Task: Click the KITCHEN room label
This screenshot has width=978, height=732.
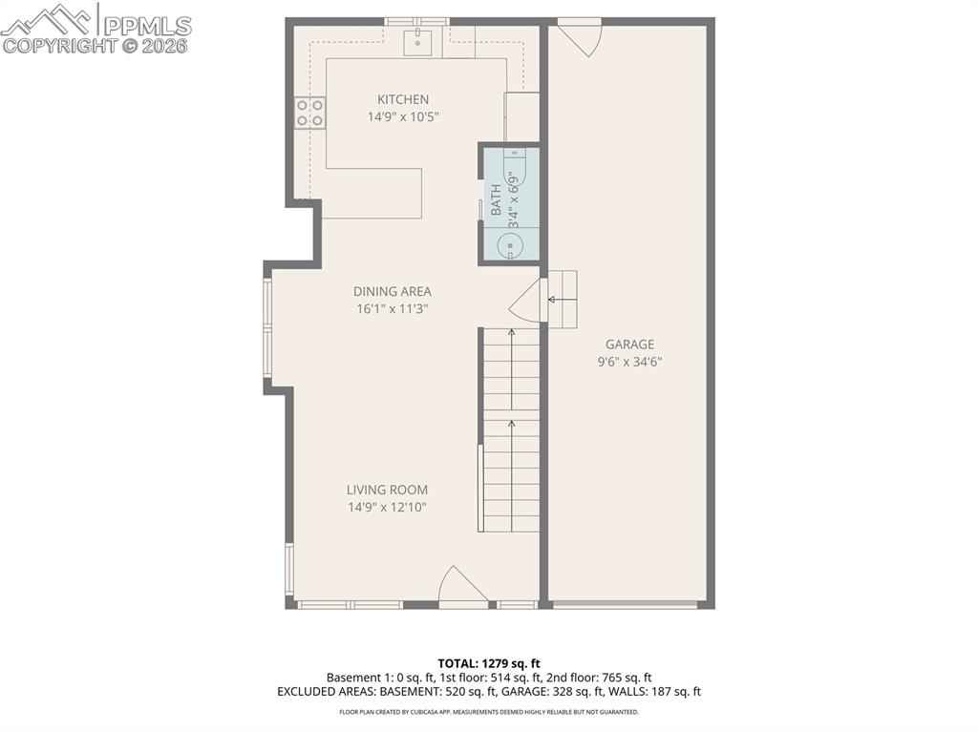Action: pyautogui.click(x=403, y=99)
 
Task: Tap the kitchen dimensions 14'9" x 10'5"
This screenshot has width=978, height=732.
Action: pyautogui.click(x=403, y=116)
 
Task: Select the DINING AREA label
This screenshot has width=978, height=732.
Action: pyautogui.click(x=393, y=291)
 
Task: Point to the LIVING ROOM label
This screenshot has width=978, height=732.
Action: pyautogui.click(x=388, y=491)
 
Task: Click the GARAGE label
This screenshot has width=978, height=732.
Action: pyautogui.click(x=630, y=345)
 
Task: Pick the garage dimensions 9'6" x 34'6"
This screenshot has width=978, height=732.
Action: pyautogui.click(x=630, y=362)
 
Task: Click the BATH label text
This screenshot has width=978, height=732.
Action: pyautogui.click(x=496, y=199)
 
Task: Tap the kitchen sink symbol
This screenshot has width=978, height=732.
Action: pyautogui.click(x=418, y=42)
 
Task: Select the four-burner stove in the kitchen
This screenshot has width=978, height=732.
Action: pyautogui.click(x=310, y=113)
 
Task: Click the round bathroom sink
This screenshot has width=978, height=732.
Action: pyautogui.click(x=511, y=245)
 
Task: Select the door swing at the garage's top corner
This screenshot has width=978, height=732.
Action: pyautogui.click(x=580, y=38)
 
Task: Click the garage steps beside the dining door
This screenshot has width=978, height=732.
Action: pyautogui.click(x=562, y=300)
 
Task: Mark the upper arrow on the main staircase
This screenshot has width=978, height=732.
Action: pyautogui.click(x=512, y=368)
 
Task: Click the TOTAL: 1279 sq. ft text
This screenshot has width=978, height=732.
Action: pyautogui.click(x=489, y=663)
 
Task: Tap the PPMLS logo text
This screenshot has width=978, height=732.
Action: pyautogui.click(x=147, y=26)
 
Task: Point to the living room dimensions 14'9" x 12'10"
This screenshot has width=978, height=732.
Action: pyautogui.click(x=388, y=508)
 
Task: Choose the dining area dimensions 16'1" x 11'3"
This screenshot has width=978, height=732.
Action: pyautogui.click(x=393, y=308)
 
